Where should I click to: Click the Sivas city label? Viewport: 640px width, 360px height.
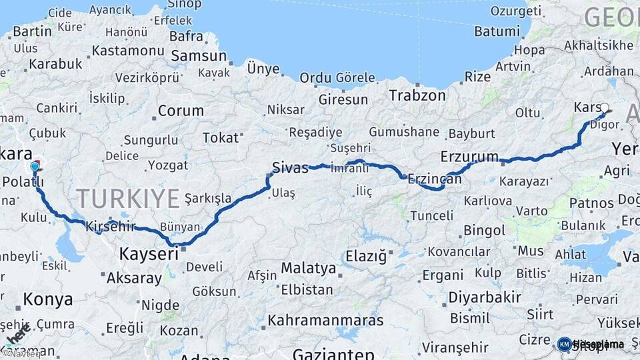pos(290,167)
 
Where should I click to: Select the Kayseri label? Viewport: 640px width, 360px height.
pos(149,253)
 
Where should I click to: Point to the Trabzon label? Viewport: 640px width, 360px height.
pos(417,95)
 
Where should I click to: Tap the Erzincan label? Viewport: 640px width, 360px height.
pos(434,179)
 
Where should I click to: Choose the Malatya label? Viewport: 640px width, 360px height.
pos(308,268)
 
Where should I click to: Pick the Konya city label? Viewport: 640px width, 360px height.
pos(48,299)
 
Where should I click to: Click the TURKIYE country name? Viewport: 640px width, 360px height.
pos(128,198)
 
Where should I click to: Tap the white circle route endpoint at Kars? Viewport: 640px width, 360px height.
pos(605,107)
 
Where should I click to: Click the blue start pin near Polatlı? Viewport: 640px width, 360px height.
pos(35,165)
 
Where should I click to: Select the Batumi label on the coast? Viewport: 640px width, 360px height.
pos(497,31)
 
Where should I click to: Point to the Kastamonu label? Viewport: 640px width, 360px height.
pos(127,51)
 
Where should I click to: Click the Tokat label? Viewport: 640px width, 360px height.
pos(220,137)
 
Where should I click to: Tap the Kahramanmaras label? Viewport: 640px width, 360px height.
pos(325,320)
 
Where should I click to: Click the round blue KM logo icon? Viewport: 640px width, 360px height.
pos(564,344)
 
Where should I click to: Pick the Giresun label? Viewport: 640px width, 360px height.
pos(343,99)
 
